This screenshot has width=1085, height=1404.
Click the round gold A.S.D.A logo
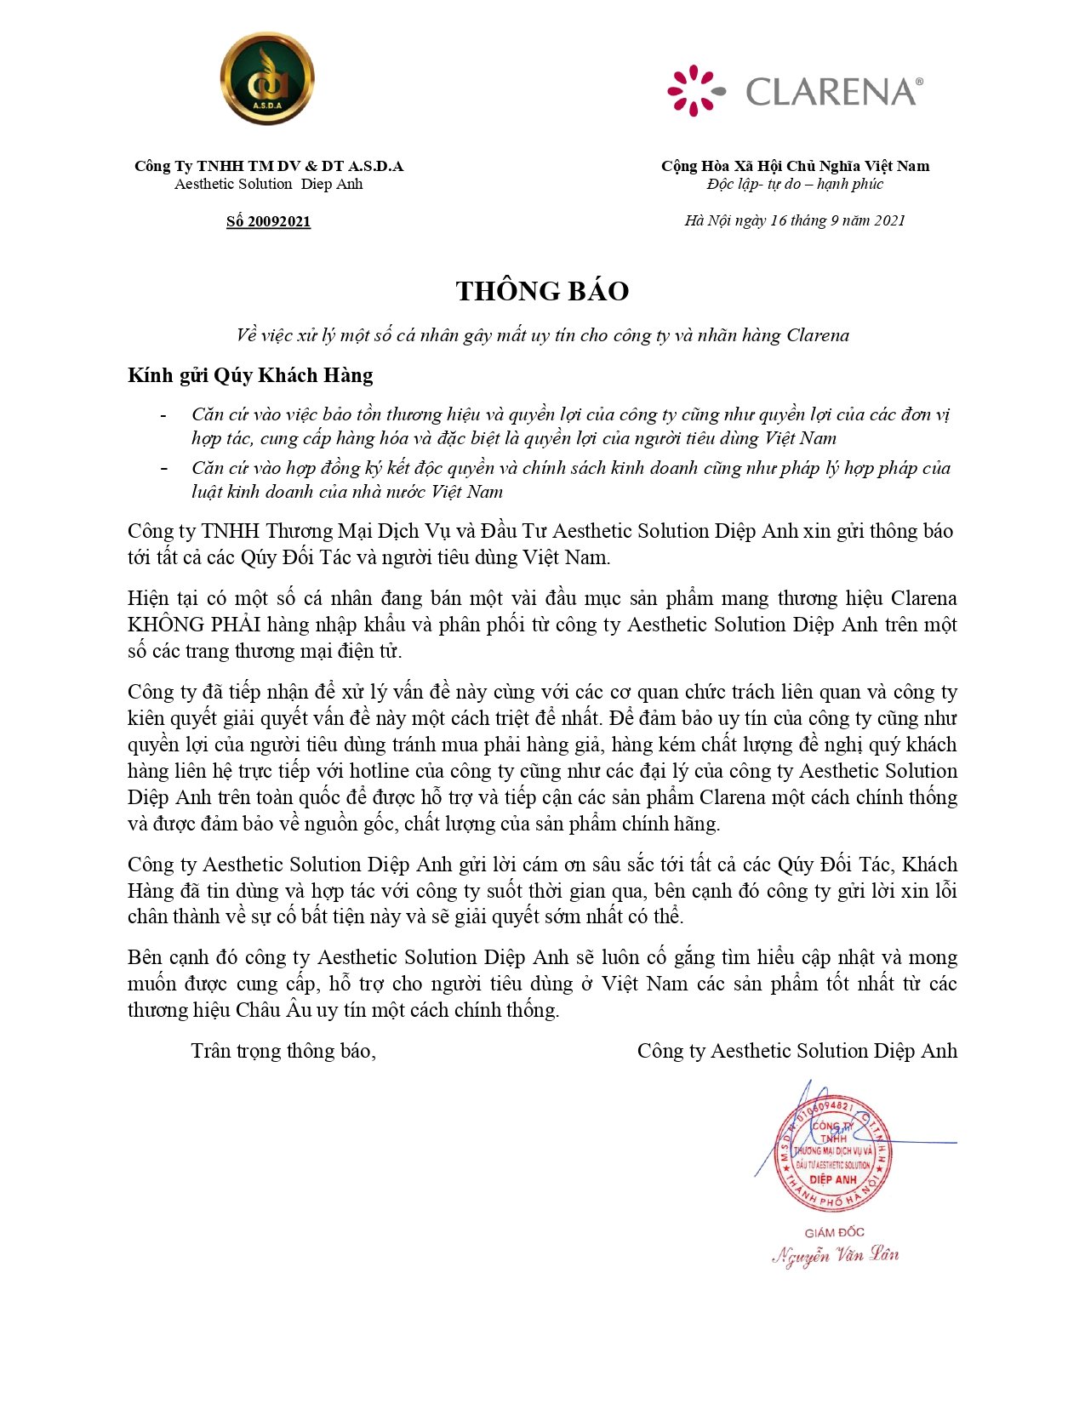click(x=267, y=78)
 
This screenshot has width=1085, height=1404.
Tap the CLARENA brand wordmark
click(x=832, y=91)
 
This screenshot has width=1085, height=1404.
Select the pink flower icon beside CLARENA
click(x=695, y=90)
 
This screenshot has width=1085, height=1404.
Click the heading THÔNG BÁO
click(x=542, y=291)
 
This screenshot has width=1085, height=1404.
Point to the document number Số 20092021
click(x=268, y=221)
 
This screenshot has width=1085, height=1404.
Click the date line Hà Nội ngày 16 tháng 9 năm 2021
click(x=795, y=220)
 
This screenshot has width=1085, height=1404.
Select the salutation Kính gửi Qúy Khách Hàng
click(x=250, y=375)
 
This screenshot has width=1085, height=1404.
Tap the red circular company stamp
click(x=833, y=1153)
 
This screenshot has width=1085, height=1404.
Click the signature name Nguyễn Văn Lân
click(x=835, y=1255)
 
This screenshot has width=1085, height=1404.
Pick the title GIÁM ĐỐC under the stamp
click(x=834, y=1232)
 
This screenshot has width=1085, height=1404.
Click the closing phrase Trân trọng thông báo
click(x=283, y=1051)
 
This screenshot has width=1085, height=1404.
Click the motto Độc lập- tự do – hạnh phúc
click(x=795, y=184)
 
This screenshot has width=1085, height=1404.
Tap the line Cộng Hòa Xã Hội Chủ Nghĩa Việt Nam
click(x=795, y=166)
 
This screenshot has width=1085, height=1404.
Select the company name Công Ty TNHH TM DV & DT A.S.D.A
click(x=268, y=166)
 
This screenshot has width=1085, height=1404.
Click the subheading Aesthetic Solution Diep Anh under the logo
click(x=268, y=184)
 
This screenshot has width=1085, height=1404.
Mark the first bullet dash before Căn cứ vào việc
click(x=163, y=415)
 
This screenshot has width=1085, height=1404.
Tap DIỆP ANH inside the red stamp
click(x=833, y=1179)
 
